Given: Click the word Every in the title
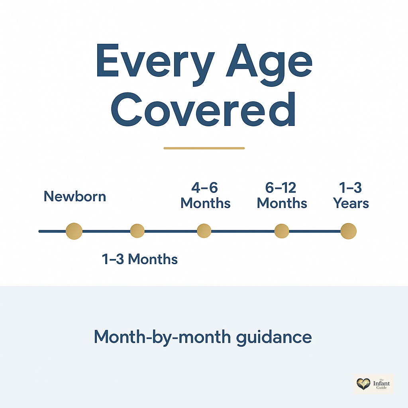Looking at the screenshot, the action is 155,64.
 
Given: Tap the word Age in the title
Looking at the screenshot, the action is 269,65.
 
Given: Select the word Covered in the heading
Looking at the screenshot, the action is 203,109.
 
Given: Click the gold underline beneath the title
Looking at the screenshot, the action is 204,148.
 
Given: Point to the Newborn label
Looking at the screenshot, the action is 75,196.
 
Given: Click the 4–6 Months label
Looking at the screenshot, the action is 205,195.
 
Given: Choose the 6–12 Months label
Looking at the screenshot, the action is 282,195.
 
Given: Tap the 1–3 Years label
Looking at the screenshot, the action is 351,195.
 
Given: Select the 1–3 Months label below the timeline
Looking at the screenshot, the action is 139,259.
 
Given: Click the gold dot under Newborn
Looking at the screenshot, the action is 74,231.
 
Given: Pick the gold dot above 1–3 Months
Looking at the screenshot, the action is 137,231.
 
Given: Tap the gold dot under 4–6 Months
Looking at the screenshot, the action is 204,231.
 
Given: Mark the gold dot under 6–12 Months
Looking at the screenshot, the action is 282,231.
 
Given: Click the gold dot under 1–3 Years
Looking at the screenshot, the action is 348,231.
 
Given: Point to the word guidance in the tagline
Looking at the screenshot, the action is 274,338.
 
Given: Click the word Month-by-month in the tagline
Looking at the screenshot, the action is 163,337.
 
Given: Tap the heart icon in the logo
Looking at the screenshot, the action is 363,384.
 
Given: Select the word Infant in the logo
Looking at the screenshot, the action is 381,384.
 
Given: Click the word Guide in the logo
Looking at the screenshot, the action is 381,388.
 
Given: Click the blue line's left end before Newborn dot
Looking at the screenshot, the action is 39,231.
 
